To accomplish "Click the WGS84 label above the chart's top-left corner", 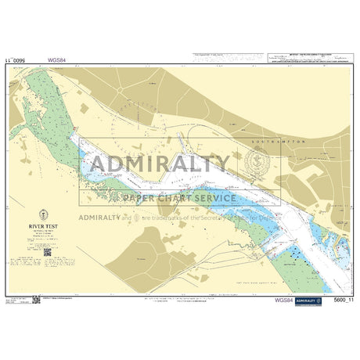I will [57, 59].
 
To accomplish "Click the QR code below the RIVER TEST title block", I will [46, 251].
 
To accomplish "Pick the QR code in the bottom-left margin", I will [36, 299].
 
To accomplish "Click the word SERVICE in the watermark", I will [206, 198].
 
